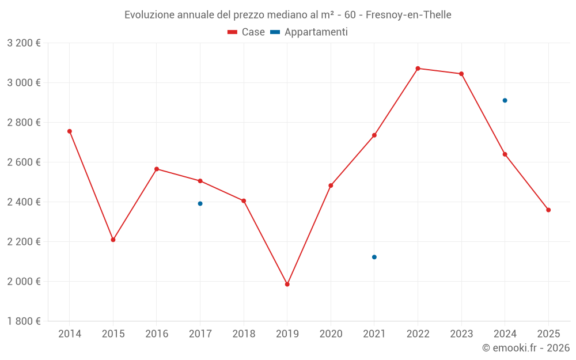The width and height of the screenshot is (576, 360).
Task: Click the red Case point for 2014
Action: pos(70,131)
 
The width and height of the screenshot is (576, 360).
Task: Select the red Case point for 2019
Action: pos(287,284)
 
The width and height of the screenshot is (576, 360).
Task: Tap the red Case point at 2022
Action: pos(418,69)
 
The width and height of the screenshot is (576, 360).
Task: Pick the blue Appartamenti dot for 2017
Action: pos(200,203)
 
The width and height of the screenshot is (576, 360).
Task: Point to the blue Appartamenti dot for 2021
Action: pos(374,257)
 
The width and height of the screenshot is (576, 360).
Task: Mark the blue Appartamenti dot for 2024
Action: pos(505,100)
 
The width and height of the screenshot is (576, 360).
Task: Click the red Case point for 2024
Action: pos(505,154)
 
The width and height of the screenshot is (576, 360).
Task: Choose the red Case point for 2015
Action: pos(113,240)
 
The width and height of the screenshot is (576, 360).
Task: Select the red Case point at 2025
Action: pos(548,210)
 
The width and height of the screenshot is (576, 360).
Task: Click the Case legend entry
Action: pos(247,32)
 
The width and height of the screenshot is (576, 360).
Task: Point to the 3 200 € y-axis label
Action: pos(24,43)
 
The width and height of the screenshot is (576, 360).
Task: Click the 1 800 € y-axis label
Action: pos(24,321)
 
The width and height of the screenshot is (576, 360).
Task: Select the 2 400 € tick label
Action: pos(24,202)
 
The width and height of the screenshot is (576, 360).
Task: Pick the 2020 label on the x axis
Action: pos(331,334)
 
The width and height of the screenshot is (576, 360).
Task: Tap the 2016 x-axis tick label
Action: pos(157,334)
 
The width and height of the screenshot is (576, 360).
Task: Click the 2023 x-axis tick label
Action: pos(461,334)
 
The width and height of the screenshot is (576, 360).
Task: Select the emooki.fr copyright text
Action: pos(526,348)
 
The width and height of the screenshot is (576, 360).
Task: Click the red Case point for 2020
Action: pos(331,185)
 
